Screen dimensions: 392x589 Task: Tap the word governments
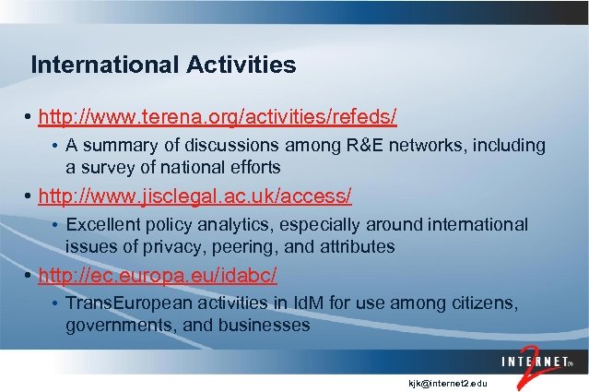(117, 326)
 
